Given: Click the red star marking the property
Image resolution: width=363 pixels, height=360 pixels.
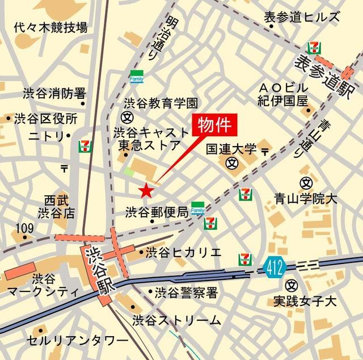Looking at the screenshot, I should click(x=146, y=189).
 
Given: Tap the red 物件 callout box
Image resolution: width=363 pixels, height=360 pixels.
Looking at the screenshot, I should click(x=214, y=125).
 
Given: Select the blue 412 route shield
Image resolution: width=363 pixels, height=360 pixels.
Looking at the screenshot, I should click(x=274, y=266).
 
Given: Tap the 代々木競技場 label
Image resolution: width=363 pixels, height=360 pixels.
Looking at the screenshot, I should click(x=50, y=27).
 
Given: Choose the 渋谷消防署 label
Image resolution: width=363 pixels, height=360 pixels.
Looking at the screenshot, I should click(x=54, y=93).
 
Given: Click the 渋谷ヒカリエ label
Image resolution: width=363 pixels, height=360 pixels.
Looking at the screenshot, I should click(x=183, y=252).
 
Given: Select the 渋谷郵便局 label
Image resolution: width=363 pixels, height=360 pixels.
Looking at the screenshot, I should click(x=157, y=212).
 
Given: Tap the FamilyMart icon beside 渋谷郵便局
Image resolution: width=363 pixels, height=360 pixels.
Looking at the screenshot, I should click(x=197, y=208).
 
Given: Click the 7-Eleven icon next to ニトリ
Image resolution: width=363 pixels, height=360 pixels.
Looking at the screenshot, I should click(x=85, y=146).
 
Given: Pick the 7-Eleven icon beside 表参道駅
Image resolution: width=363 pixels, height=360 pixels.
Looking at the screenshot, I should click(x=313, y=48).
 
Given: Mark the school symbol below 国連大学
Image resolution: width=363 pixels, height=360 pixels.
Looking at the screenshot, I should click(x=231, y=164).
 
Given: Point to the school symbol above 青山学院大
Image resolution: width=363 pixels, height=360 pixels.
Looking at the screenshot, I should click(x=306, y=183).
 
